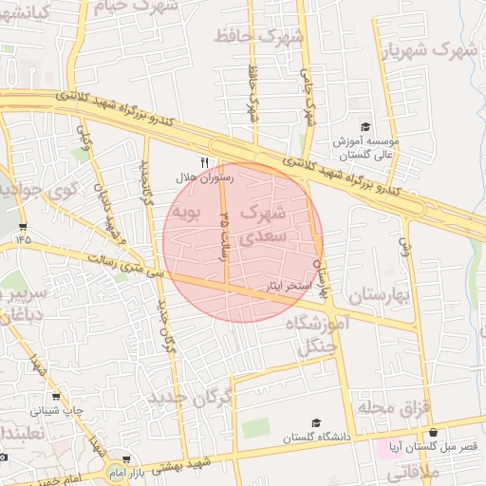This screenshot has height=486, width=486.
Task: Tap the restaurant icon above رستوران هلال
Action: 204,162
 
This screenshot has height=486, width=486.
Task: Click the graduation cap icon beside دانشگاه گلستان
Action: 316,423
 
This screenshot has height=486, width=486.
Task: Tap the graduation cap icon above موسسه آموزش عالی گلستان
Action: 365,127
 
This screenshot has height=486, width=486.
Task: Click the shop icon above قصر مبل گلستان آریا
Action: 434,432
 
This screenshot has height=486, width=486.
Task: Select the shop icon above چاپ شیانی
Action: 57,397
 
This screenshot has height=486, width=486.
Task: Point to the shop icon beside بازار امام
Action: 125,459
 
